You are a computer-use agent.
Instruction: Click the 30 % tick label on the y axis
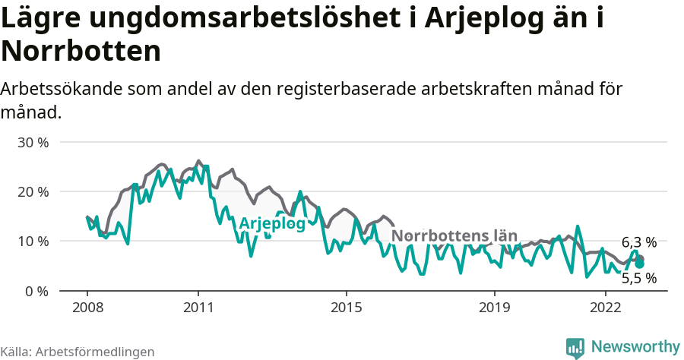click(x=33, y=142)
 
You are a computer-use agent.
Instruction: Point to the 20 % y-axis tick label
click(x=33, y=191)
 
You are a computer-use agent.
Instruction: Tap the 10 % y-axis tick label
click(x=33, y=242)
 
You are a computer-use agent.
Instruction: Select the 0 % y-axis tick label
click(x=36, y=291)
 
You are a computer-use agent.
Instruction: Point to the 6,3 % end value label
click(x=638, y=243)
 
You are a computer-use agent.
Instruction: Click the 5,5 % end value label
click(x=638, y=278)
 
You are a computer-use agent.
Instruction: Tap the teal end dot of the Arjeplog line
click(x=640, y=264)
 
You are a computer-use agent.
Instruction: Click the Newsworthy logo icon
click(x=575, y=348)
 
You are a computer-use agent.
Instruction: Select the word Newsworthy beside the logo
click(x=635, y=347)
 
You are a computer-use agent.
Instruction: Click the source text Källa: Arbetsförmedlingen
click(x=78, y=352)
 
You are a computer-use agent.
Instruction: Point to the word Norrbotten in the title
click(x=81, y=51)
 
